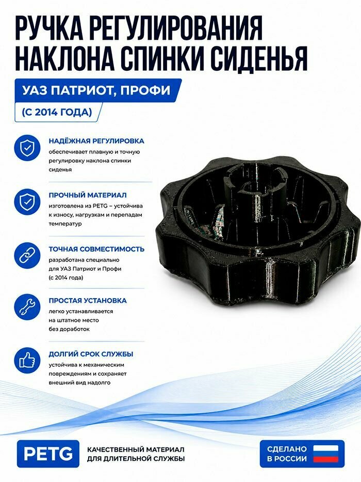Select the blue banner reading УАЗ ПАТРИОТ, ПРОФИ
pos(98,90)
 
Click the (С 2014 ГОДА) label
pos(57,112)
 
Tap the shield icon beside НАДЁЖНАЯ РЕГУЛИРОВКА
pos(27,148)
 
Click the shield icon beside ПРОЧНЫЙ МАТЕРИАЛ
pos(27,201)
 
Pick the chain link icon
pos(27,255)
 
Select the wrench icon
pos(27,307)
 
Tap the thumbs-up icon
pos(27,360)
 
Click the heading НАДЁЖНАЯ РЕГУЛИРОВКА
pos(96,141)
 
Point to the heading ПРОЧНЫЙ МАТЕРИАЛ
pos(88,195)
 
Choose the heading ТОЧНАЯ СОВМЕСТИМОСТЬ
pos(96,249)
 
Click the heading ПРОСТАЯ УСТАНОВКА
pos(88,301)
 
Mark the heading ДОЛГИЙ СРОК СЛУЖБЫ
pos(91,354)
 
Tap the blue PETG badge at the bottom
pos(48,454)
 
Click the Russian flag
pos(325,454)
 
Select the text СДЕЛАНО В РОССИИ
pos(287,454)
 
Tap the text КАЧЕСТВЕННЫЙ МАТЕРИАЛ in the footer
pos(136,449)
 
